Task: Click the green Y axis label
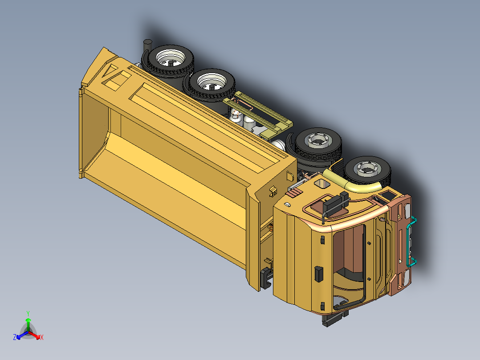[x=28, y=313]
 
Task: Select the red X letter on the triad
[x=41, y=338]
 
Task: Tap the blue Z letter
[x=15, y=338]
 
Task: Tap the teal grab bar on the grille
[x=413, y=241]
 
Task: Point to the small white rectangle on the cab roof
[x=287, y=205]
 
